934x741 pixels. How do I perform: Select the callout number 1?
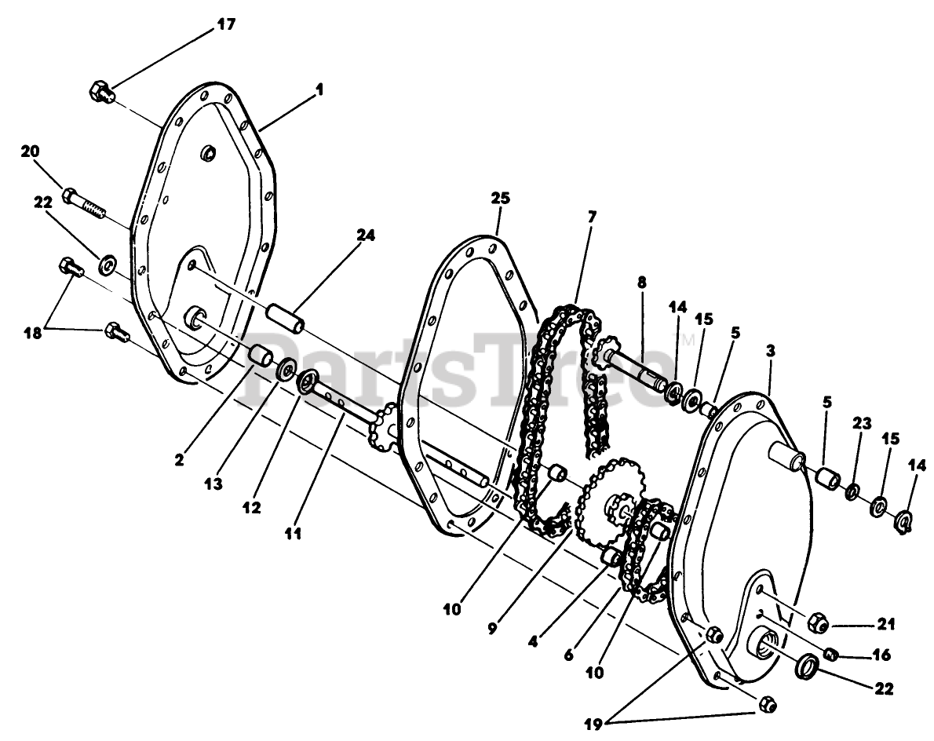[x=319, y=90]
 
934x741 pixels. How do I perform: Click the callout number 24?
[x=365, y=234]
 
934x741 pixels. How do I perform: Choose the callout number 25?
[x=500, y=199]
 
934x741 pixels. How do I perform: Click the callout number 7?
[x=592, y=215]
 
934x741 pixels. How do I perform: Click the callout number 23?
[x=862, y=424]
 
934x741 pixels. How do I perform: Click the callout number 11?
[x=294, y=534]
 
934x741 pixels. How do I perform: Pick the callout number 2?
[x=180, y=461]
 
